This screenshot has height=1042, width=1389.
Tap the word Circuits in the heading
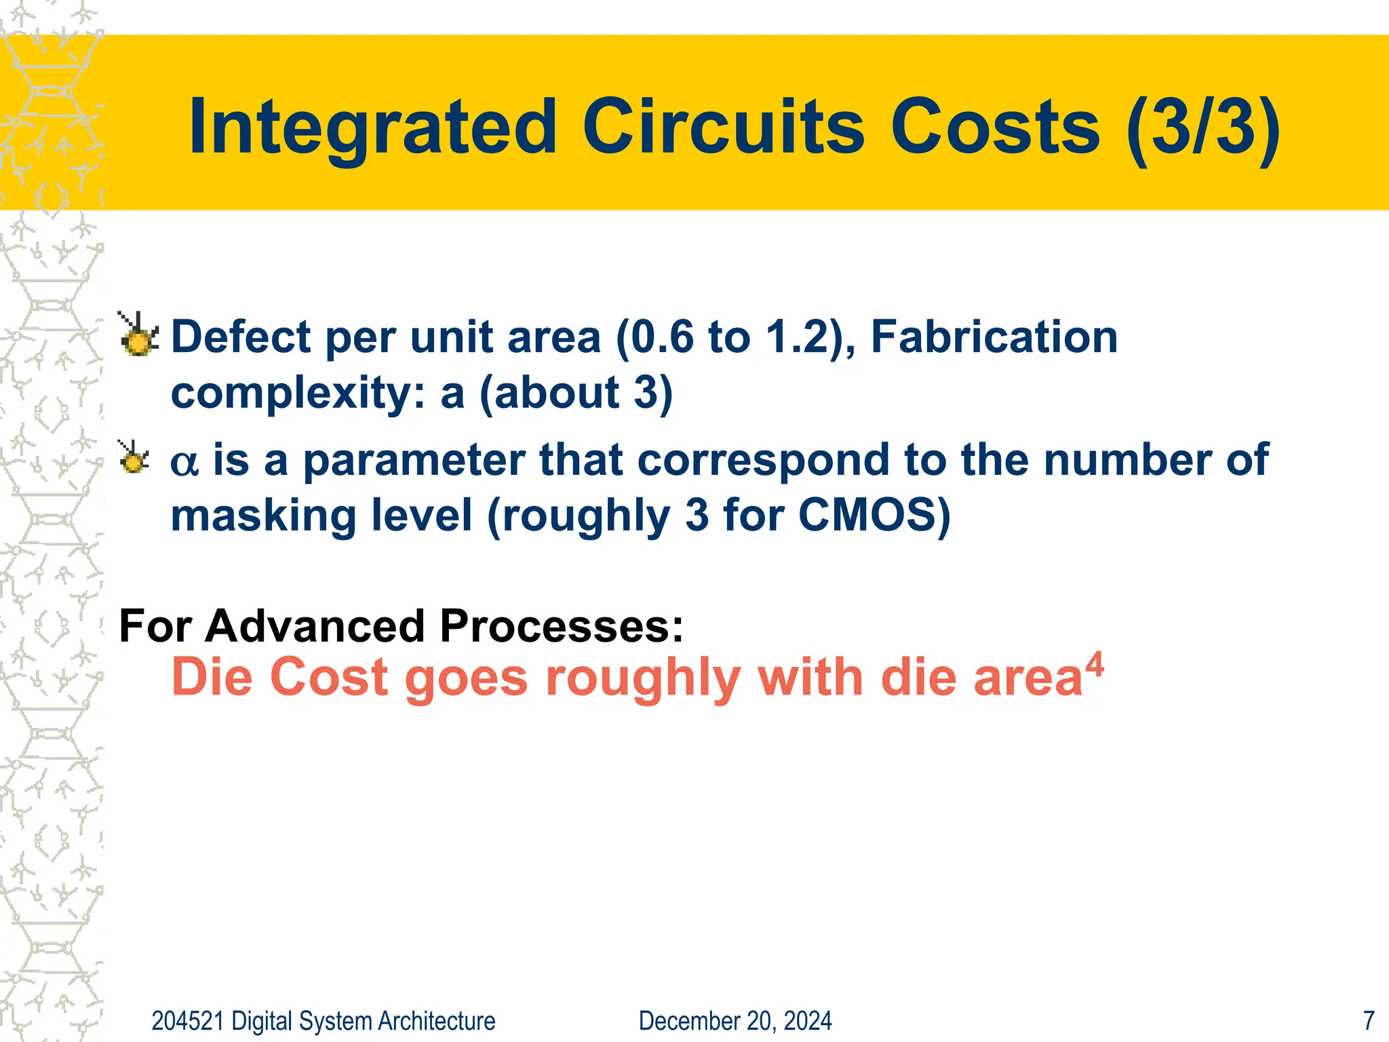tap(724, 128)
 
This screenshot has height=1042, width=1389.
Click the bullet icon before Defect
tap(139, 335)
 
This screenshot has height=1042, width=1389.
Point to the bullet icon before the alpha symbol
tap(134, 457)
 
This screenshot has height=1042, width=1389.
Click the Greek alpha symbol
tap(184, 463)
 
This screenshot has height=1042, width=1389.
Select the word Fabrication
tap(994, 337)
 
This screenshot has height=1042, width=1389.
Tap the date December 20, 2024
tap(735, 1021)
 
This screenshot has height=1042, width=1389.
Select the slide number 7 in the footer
tap(1369, 1021)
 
